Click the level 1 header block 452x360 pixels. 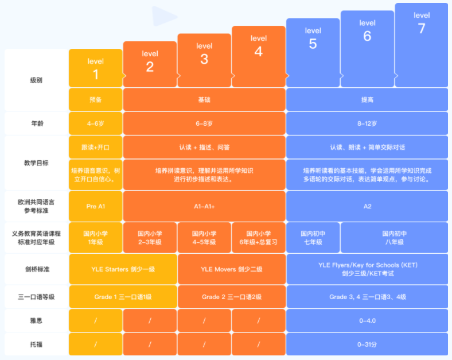coord(95,68)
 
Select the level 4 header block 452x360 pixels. coord(259,56)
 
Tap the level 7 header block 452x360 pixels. coord(422,45)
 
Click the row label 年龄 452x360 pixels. coord(36,123)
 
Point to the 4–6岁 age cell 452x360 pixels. coord(95,123)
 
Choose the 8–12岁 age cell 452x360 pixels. coord(367,123)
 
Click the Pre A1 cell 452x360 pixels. coord(95,206)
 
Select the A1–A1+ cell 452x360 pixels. coord(204,206)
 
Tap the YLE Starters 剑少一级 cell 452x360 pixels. coord(123,269)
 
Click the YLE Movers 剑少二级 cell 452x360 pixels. coord(232,269)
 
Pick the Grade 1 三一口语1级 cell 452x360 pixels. coord(123,297)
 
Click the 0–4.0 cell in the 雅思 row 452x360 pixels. coord(367,320)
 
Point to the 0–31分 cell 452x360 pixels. coord(367,344)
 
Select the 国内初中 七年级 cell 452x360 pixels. coord(313,238)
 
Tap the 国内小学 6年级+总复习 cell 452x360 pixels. coord(259,238)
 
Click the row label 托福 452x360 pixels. coord(36,344)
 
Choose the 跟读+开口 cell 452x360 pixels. coord(95,147)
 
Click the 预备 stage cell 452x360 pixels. coord(95,99)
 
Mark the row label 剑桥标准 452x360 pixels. coord(36,269)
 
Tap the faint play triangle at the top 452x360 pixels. coord(163,16)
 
